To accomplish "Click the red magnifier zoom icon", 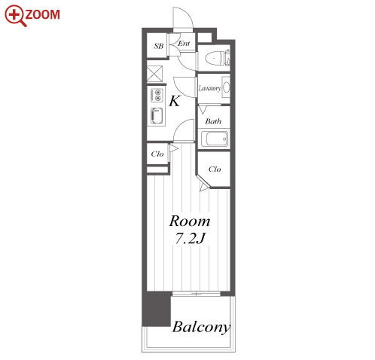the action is (15, 15).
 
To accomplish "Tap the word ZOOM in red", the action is (43, 14).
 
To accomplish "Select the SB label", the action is (158, 46).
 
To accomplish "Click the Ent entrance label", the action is (184, 43).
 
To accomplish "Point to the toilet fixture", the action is (214, 59).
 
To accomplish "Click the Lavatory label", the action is (210, 88).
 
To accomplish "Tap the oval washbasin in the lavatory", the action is (226, 87).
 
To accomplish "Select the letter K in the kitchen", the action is (175, 101).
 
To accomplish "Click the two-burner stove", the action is (157, 96).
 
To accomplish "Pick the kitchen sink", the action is (157, 116).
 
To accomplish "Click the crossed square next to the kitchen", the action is (154, 73).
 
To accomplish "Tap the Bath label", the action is (213, 121).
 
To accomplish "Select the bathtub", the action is (215, 139).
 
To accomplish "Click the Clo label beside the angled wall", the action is (215, 169).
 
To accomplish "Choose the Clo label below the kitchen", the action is (157, 154).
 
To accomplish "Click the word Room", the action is (190, 221).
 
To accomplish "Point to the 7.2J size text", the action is (191, 238).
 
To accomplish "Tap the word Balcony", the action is (201, 328).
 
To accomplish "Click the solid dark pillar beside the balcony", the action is (157, 309).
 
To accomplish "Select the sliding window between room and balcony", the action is (197, 294).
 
